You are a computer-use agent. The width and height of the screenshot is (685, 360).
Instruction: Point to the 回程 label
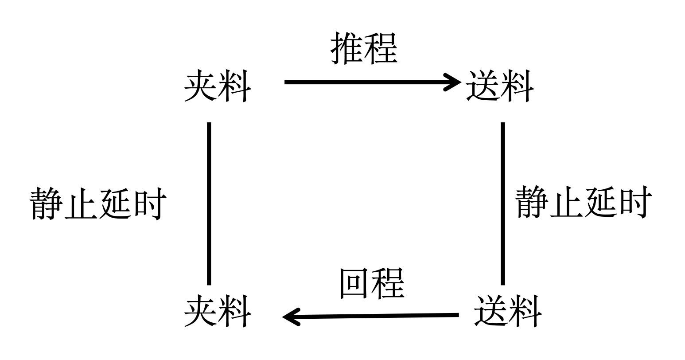[x=371, y=283]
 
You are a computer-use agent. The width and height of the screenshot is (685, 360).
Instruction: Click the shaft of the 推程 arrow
[x=363, y=82]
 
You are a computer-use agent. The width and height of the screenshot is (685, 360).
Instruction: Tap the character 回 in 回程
[x=354, y=283]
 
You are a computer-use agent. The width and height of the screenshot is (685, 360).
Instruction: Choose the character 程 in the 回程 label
[x=388, y=283]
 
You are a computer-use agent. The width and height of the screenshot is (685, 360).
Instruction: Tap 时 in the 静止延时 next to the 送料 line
[x=634, y=202]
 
